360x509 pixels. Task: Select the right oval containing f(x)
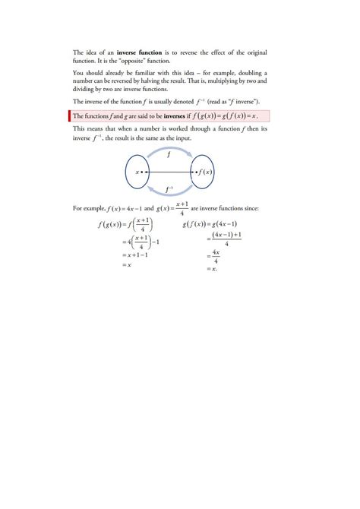(x=205, y=172)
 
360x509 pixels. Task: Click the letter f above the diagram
(x=168, y=152)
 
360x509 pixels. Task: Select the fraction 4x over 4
(x=216, y=257)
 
